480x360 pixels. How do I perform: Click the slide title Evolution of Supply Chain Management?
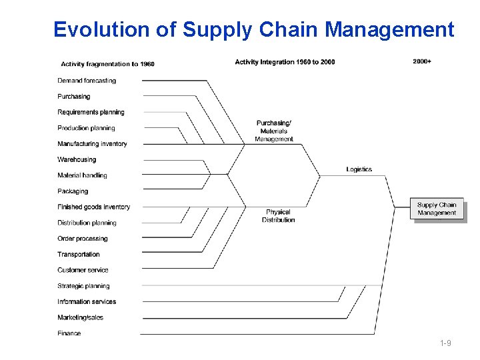(253, 30)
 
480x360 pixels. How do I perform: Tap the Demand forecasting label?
(87, 81)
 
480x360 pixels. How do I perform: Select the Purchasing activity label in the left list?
(73, 97)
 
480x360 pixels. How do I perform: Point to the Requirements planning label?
(91, 112)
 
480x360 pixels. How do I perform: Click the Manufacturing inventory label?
(92, 144)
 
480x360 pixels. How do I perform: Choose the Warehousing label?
(77, 160)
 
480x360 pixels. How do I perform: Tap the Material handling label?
(82, 175)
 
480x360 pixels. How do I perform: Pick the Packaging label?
(73, 191)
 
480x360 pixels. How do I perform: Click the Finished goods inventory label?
(93, 207)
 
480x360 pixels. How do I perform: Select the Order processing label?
(82, 239)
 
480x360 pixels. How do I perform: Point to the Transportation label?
(79, 255)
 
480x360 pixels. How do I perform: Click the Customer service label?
(83, 270)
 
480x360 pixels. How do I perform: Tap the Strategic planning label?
(83, 286)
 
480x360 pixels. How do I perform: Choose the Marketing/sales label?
(80, 317)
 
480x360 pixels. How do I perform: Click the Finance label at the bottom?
(69, 333)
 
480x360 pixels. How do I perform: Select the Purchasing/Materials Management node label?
(274, 131)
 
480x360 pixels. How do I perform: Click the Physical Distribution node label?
(278, 216)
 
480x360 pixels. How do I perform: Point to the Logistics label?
(359, 169)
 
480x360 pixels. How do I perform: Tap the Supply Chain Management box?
(437, 209)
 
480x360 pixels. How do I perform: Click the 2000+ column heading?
(422, 62)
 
